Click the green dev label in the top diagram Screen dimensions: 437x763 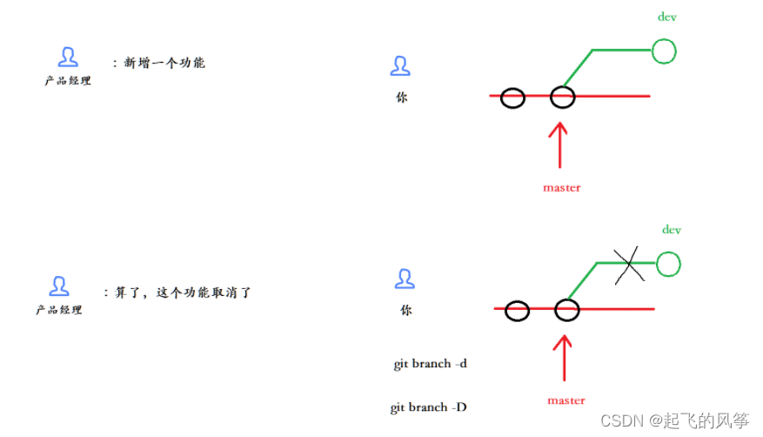point(666,17)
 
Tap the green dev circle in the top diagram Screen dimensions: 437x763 point(664,51)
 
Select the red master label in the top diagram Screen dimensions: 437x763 point(561,187)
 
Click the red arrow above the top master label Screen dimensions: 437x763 point(559,144)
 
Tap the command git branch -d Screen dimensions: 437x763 point(430,363)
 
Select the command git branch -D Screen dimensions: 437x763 point(431,407)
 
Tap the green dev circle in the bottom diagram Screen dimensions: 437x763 point(668,264)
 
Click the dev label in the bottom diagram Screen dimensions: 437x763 point(671,230)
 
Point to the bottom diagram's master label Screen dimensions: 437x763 point(566,400)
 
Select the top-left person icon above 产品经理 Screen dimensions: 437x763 point(68,57)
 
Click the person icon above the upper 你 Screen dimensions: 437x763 point(400,66)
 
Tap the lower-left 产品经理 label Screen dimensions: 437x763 point(59,310)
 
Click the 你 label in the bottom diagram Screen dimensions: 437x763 point(405,310)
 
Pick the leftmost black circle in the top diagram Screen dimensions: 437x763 point(512,97)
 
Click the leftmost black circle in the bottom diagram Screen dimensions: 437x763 point(517,310)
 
